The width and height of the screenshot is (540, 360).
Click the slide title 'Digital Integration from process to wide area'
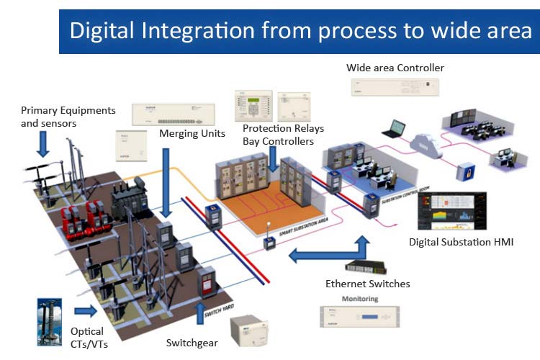point(300,31)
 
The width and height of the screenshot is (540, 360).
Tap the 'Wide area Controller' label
point(395,68)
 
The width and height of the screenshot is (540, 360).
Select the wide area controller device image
point(395,86)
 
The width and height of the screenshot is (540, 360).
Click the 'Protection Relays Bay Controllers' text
point(283,135)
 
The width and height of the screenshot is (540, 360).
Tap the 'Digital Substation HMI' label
point(462,242)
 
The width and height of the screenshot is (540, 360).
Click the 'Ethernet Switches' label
point(367,283)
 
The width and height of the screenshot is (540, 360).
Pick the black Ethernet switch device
point(366,266)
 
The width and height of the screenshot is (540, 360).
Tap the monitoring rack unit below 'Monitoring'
point(359,316)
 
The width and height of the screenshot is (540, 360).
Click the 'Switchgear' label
point(192,343)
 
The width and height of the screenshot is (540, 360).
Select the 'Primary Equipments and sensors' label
point(68,116)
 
